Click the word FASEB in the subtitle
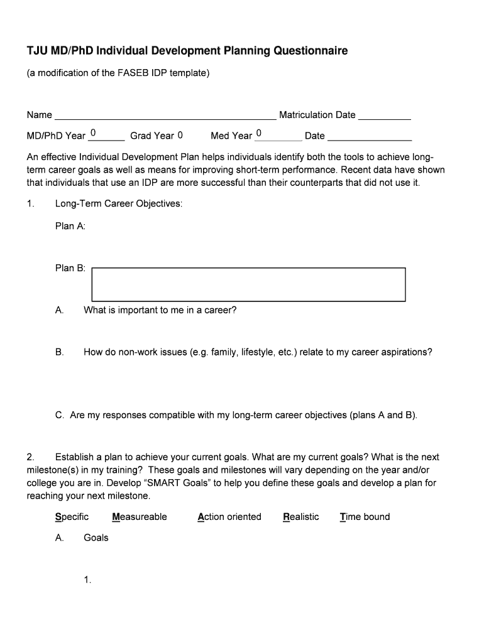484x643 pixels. tap(133, 73)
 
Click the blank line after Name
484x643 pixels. tap(165, 116)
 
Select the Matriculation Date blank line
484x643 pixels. tap(385, 116)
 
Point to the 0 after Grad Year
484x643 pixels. tap(180, 135)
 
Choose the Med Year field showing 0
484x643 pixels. tap(277, 134)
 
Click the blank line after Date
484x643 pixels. tap(370, 137)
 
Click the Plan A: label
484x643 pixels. tap(70, 226)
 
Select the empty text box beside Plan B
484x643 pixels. tap(248, 284)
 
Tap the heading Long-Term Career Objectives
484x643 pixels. tap(119, 204)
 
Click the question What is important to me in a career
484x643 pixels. tap(160, 310)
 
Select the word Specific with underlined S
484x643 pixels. tap(72, 517)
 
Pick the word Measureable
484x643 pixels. tap(140, 517)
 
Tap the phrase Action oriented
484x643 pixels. tap(229, 517)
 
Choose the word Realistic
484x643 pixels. tap(301, 517)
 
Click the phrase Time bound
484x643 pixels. tap(365, 517)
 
